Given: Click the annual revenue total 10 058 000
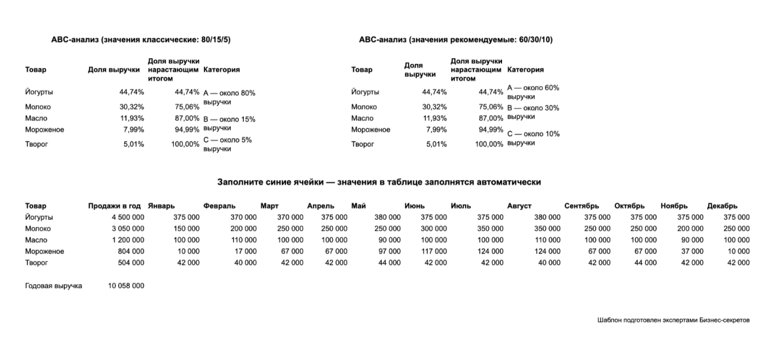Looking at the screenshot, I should click(x=126, y=285).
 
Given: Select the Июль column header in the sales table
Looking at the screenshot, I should click(x=459, y=206).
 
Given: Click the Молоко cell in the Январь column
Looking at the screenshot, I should click(x=186, y=228).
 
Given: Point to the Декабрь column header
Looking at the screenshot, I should click(x=722, y=206).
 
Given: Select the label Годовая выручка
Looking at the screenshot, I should click(x=54, y=285).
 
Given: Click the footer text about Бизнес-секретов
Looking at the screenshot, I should click(x=674, y=320).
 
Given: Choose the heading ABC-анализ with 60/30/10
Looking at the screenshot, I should click(x=456, y=39).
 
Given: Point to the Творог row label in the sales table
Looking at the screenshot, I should click(x=36, y=263).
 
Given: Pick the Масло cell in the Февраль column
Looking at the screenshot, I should click(x=243, y=240).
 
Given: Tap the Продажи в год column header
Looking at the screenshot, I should click(x=114, y=206).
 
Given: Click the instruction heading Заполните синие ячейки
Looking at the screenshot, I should click(x=379, y=182).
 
